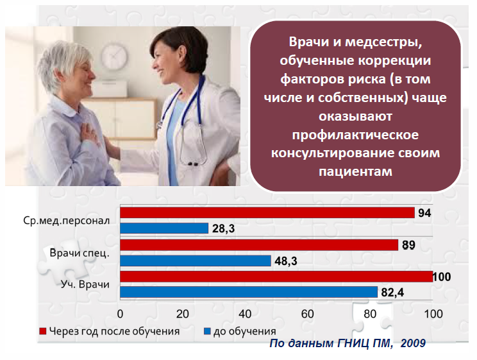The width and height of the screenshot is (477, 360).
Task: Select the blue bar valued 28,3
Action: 164,228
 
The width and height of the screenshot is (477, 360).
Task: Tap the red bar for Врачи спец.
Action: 259,244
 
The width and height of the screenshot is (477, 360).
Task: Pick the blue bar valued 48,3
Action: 196,260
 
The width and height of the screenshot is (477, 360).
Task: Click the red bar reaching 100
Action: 276,277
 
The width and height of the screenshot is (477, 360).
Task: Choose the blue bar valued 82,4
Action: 249,292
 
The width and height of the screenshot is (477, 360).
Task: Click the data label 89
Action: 408,244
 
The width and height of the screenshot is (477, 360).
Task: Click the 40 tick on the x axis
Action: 245,314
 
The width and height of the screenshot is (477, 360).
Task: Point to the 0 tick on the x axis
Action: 120,314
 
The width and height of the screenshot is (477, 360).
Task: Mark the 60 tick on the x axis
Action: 308,314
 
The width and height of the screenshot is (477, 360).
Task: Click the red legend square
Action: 42,332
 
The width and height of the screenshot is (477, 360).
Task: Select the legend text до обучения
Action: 244,332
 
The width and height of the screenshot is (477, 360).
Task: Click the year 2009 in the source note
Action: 413,344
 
